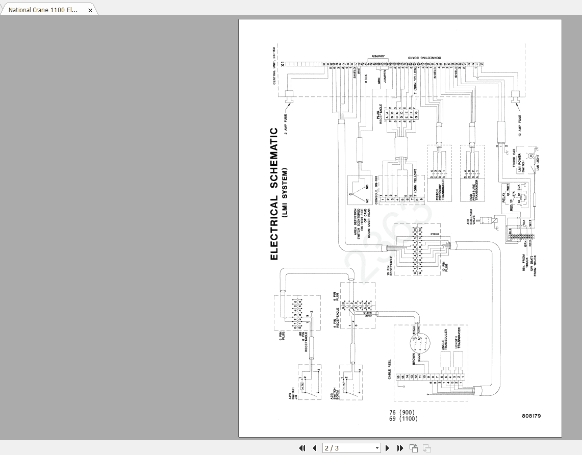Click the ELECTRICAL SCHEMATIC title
pyautogui.click(x=274, y=194)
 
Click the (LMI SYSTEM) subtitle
pyautogui.click(x=286, y=193)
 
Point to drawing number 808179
pyautogui.click(x=532, y=416)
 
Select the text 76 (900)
pyautogui.click(x=402, y=412)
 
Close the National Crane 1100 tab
pyautogui.click(x=90, y=10)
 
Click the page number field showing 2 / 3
pyautogui.click(x=352, y=448)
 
